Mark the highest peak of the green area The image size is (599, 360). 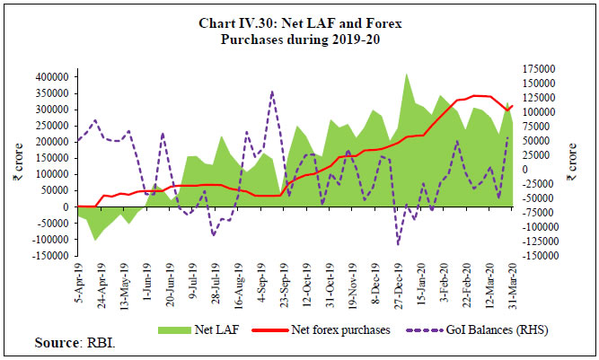[x=407, y=74]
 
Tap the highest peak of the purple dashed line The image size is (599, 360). [x=272, y=91]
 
